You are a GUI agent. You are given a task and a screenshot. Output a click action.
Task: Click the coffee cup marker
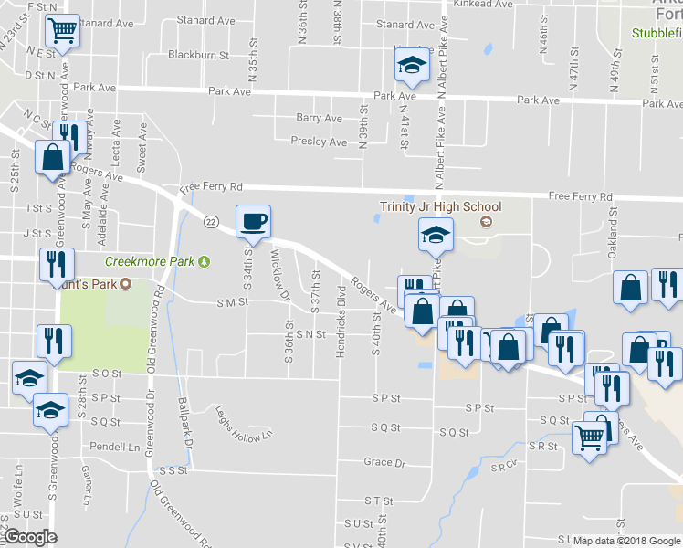pos(253,220)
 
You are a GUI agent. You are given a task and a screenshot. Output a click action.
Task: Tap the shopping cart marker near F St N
pos(61,31)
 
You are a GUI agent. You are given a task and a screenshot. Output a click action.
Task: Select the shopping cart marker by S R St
pos(587,437)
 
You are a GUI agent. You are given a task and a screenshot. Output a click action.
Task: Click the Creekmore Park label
pos(151,261)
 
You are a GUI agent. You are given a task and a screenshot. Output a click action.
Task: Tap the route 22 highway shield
pos(211,221)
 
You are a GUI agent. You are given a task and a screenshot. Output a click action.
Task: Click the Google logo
pos(30,537)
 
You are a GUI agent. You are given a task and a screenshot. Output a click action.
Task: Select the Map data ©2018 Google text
pos(627,541)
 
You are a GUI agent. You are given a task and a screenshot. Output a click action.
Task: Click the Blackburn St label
pos(198,55)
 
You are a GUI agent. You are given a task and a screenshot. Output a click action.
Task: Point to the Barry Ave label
pos(319,118)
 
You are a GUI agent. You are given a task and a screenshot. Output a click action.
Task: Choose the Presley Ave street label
pos(319,142)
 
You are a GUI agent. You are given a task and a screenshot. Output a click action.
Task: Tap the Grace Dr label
pos(384,463)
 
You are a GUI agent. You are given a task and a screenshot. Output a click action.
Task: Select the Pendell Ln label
pos(115,448)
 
